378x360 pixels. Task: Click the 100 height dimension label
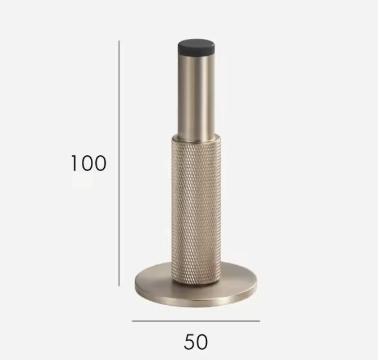tap(89, 163)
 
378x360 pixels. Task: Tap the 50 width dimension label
tap(196, 341)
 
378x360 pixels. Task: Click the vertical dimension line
tap(119, 164)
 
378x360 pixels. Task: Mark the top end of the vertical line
tap(119, 41)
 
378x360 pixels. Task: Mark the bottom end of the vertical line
tap(119, 286)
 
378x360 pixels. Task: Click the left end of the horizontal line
tap(133, 321)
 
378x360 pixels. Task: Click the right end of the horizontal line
tap(244, 321)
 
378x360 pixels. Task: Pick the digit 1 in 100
tap(74, 163)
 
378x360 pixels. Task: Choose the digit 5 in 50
tap(189, 341)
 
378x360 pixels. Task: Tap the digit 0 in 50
tap(203, 341)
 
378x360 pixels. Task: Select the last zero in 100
tap(99, 163)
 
